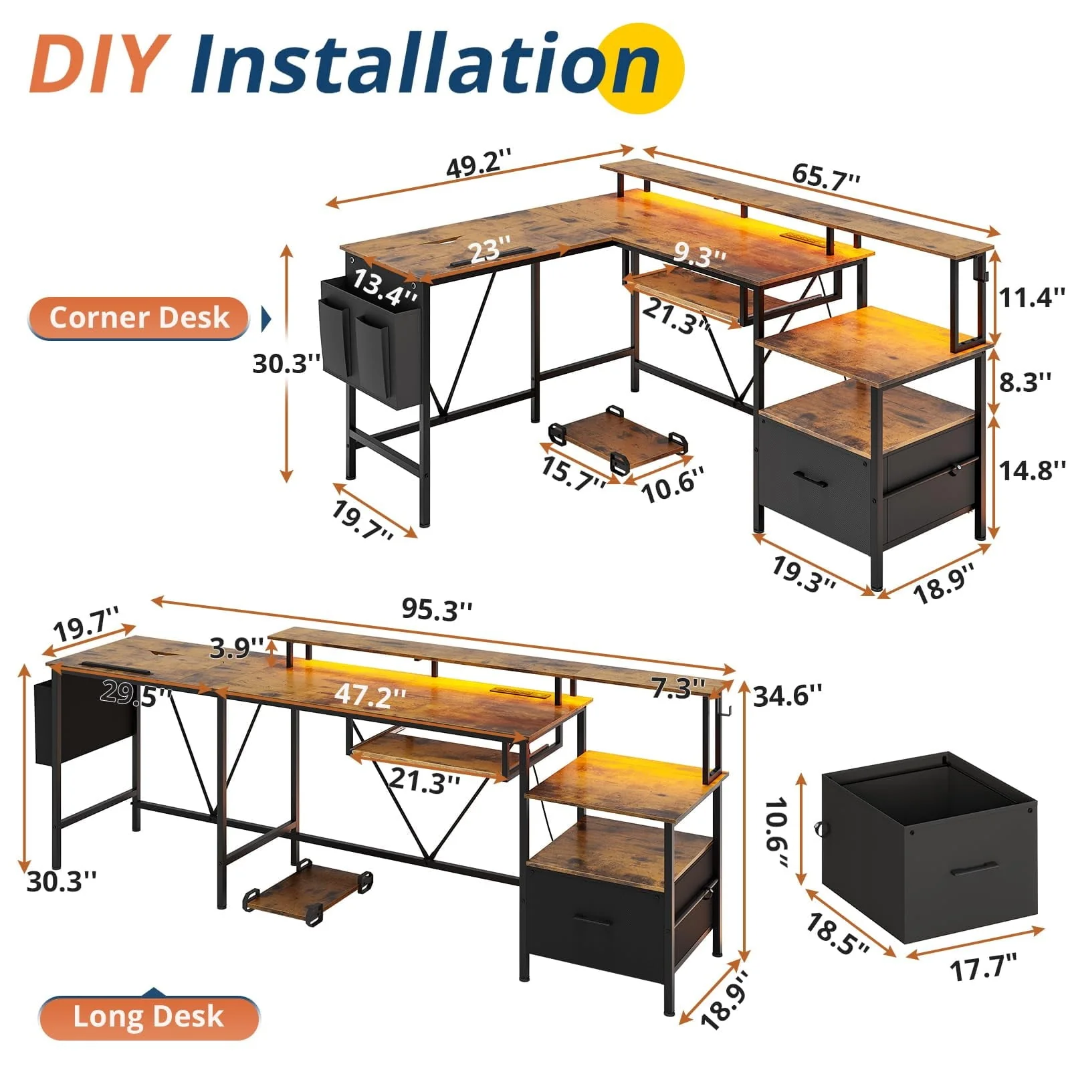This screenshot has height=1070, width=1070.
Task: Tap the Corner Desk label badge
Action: (x=139, y=317)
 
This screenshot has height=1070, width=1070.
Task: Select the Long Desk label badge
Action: (x=148, y=1016)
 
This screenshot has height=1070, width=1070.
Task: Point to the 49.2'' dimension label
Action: (x=479, y=163)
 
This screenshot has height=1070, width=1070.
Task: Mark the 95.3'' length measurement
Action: (x=437, y=609)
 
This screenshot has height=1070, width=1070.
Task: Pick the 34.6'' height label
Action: (x=787, y=696)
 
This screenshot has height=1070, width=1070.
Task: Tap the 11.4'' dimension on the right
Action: (x=1031, y=296)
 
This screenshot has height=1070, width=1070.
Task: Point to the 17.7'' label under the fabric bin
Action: (x=983, y=967)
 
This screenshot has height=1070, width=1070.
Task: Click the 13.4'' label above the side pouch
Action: (x=385, y=286)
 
